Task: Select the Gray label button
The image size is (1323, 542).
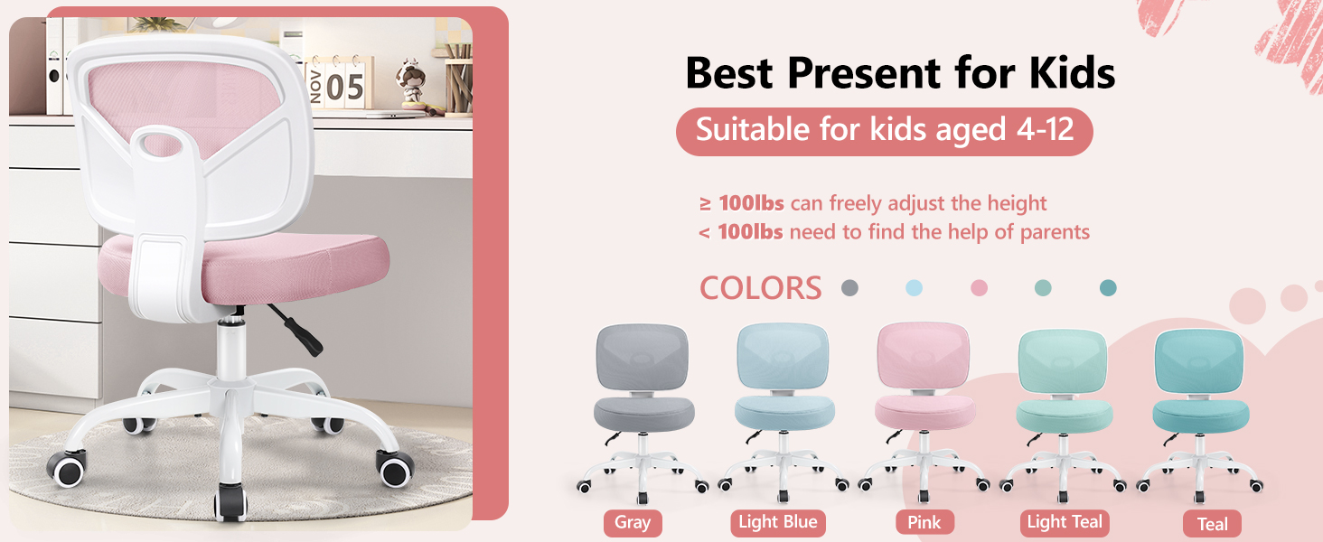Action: click(x=633, y=523)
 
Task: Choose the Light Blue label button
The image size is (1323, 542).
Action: click(x=778, y=522)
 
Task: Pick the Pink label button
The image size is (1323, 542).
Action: click(x=924, y=523)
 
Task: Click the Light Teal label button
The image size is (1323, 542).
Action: click(x=1065, y=522)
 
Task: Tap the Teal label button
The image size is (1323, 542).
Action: click(x=1212, y=524)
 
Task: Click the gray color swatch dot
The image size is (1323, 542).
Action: click(x=849, y=288)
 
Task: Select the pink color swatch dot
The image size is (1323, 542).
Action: click(x=979, y=288)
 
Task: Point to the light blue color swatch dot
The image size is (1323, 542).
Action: click(x=914, y=288)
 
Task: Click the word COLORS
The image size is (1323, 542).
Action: click(x=760, y=288)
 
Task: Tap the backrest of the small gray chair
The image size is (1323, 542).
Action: click(x=643, y=358)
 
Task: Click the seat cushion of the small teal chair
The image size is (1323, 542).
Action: click(x=1201, y=416)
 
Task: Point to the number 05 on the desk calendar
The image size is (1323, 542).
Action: click(x=344, y=89)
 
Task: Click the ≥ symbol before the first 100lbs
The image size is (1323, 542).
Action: click(x=705, y=204)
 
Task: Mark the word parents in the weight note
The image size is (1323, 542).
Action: click(x=1055, y=232)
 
